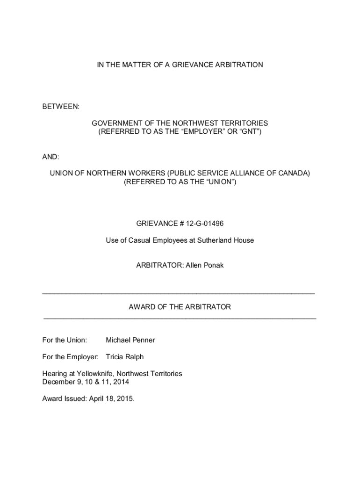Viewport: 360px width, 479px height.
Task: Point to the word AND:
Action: (x=51, y=157)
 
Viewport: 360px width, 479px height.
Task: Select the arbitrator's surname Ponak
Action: (x=213, y=265)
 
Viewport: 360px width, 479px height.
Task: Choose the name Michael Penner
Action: (x=130, y=340)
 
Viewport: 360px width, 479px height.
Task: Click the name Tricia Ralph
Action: (x=125, y=357)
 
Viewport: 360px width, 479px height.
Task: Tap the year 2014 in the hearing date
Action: (x=121, y=382)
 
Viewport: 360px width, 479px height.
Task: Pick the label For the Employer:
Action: (x=70, y=357)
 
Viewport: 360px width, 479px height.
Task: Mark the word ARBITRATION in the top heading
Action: (x=239, y=65)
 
